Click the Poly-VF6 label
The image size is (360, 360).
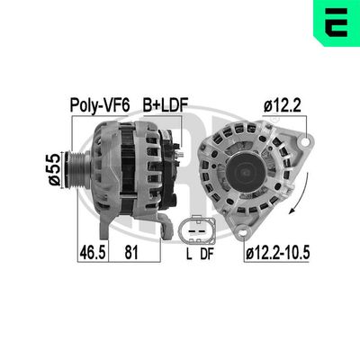[99, 106]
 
